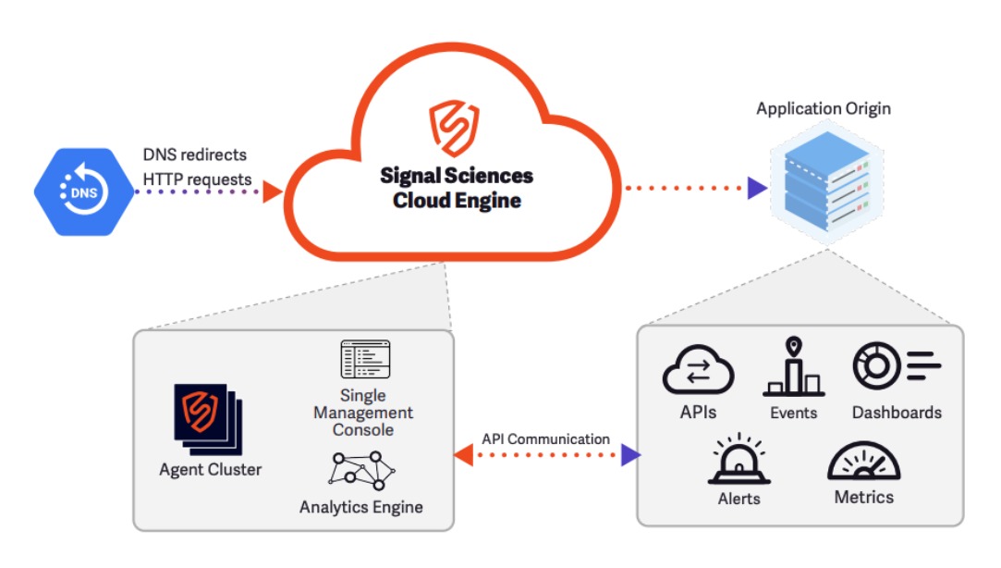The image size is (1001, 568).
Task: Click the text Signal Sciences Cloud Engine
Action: click(x=457, y=188)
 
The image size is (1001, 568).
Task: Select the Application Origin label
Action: click(x=824, y=109)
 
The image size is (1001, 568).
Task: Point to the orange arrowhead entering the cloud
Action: click(x=272, y=192)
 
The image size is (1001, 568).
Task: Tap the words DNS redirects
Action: click(x=195, y=154)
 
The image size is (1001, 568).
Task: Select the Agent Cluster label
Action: click(x=210, y=470)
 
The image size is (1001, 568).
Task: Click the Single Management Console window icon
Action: click(x=366, y=360)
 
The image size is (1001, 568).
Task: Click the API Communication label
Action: click(x=546, y=438)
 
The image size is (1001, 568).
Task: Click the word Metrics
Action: click(x=864, y=498)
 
